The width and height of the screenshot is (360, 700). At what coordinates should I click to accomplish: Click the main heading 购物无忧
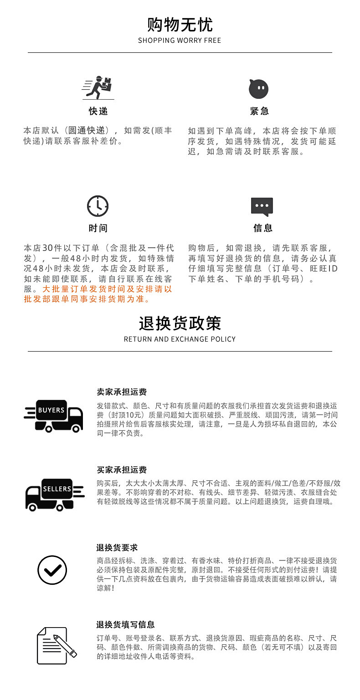pos(180,24)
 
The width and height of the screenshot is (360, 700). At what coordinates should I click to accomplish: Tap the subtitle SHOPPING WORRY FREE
pos(180,41)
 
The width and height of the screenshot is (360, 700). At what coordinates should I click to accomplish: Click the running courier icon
pos(98,88)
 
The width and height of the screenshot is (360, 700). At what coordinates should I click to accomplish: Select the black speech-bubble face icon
pos(258,88)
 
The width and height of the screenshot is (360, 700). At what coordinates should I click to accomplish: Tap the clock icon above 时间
pos(98,206)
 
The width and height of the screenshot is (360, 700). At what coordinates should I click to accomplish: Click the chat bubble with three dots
pos(262,207)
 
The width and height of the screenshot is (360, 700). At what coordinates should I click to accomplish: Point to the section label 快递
pos(98,111)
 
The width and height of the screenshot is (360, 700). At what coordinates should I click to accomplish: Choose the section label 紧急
pos(259,111)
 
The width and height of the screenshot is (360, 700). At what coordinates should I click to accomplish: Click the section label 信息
pos(262,228)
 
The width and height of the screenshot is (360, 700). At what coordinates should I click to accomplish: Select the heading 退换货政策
pos(180,323)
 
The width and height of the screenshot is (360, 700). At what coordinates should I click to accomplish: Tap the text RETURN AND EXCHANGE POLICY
pos(180,339)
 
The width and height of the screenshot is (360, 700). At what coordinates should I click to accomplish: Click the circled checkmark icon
pos(52,570)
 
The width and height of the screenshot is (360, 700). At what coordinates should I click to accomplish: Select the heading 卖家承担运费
pos(122,392)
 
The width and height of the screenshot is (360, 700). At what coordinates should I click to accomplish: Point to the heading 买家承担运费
pos(122,470)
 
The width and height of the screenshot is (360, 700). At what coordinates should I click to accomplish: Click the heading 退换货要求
pos(117,547)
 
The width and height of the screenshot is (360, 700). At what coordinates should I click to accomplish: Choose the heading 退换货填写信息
pos(125,624)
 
